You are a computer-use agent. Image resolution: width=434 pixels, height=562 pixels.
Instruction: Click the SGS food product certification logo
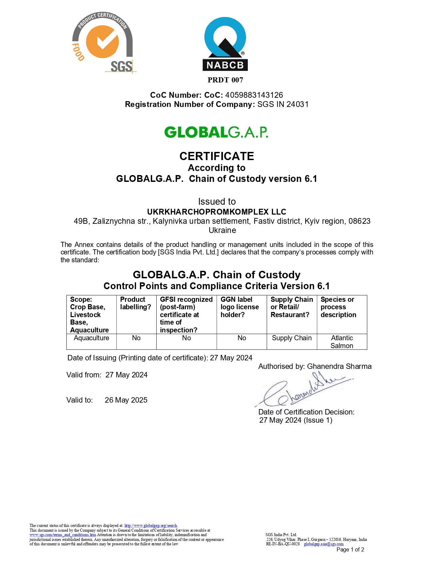[x=103, y=43]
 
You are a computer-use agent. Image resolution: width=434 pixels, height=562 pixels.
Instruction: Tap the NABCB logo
[x=225, y=44]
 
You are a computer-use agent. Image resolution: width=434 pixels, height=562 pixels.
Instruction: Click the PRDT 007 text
[x=225, y=80]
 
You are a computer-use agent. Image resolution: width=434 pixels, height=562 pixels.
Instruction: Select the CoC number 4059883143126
[x=254, y=95]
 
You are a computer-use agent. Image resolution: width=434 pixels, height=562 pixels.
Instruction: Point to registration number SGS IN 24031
[x=283, y=104]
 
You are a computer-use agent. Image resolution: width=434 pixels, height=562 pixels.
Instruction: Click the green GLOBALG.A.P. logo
[x=216, y=132]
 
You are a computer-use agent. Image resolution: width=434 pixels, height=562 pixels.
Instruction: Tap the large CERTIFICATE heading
[x=217, y=156]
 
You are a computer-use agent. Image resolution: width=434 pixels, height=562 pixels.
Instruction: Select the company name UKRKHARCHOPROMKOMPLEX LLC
[x=216, y=212]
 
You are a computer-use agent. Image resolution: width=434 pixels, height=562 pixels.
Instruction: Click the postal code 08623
[x=359, y=221]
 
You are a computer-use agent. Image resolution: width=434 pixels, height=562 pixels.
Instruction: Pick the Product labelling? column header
[x=135, y=303]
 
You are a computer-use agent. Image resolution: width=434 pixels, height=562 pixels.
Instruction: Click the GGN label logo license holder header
[x=240, y=307]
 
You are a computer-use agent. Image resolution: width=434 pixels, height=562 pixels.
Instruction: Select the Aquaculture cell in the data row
[x=92, y=338]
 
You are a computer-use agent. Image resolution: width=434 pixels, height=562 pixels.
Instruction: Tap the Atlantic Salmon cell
[x=342, y=342]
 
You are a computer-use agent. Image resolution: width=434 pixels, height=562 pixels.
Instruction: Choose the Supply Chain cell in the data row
[x=292, y=338]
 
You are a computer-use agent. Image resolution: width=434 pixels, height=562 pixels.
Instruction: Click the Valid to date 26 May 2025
[x=126, y=400]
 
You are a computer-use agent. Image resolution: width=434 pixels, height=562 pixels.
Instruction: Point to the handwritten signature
[x=303, y=390]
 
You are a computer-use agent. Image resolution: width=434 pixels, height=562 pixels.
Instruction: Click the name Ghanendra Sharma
[x=339, y=366]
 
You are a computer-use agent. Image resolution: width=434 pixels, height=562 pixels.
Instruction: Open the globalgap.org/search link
[x=151, y=526]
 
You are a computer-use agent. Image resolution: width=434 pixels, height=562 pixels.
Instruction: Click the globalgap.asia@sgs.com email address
[x=324, y=544]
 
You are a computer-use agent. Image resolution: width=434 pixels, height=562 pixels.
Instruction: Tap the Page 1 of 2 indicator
[x=350, y=549]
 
